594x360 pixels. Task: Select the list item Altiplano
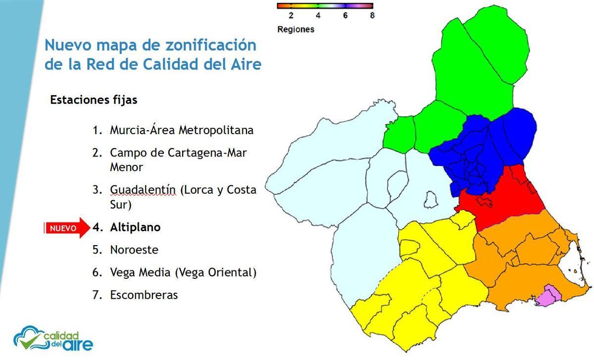coord(135,227)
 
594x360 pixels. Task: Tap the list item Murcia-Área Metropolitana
coord(181,130)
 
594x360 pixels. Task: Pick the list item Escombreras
coord(144,295)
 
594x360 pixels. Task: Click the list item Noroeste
coord(134,250)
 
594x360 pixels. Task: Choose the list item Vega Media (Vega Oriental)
coord(183,272)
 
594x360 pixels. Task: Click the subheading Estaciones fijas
coord(94,100)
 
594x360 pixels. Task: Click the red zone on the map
coord(500,198)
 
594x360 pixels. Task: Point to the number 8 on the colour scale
coord(372,15)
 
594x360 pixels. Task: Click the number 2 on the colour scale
coord(291,15)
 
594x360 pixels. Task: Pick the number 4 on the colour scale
coord(318,15)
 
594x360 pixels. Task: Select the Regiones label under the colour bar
coord(296,29)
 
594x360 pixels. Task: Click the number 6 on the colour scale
coord(345,15)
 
